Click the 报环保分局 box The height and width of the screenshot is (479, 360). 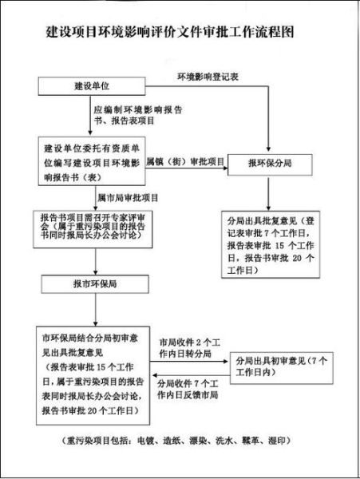click(268, 162)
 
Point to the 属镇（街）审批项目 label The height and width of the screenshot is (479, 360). click(185, 160)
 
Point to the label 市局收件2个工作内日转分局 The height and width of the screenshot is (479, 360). click(188, 348)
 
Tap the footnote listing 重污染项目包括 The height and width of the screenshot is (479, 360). click(179, 440)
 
